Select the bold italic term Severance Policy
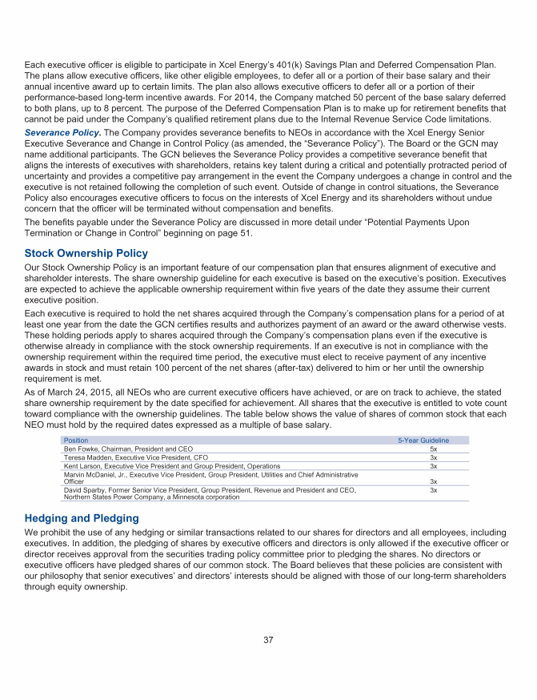click(63, 131)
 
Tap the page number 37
click(269, 639)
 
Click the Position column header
click(76, 441)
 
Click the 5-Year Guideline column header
click(423, 441)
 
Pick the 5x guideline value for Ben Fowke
click(433, 449)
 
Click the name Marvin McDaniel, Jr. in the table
click(99, 475)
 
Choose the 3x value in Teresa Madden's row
click(433, 457)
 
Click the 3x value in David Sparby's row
click(433, 489)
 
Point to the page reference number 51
click(246, 233)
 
